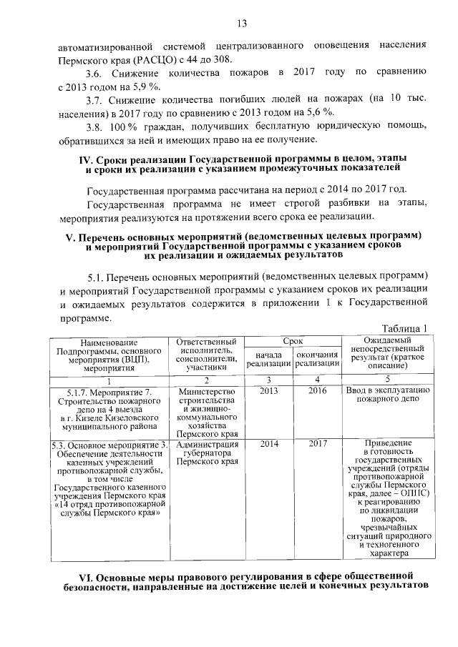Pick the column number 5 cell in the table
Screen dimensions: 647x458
coord(387,379)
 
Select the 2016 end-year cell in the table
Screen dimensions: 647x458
coord(318,391)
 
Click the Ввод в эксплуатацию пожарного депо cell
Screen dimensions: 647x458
coord(387,396)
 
